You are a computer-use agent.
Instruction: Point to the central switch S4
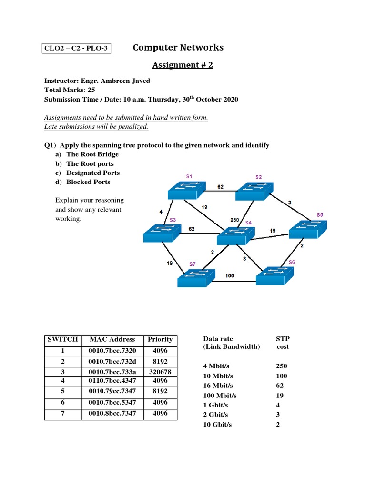pos(236,236)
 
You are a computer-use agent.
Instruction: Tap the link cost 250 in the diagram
pos(234,220)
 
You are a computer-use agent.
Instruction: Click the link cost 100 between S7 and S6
pos(230,275)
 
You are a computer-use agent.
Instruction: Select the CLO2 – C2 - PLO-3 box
pos(76,49)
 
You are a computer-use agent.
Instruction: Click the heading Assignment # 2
pos(183,65)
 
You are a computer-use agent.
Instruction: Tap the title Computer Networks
pos(178,47)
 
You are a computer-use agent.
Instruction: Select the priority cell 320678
pos(160,372)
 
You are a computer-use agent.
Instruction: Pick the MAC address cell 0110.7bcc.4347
pos(112,381)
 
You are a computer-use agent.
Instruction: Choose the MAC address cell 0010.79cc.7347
pos(112,392)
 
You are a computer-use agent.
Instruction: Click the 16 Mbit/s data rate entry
pos(220,386)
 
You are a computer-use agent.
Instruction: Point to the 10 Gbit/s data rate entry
pos(217,425)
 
